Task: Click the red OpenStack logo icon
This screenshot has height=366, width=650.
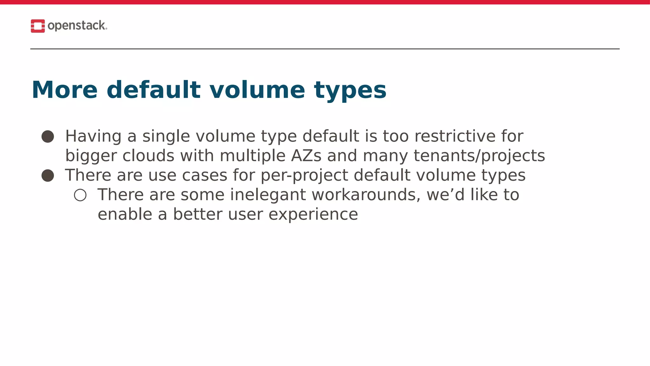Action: click(x=38, y=26)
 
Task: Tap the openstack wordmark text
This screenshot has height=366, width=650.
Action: click(x=77, y=26)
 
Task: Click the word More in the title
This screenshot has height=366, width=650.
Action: click(x=64, y=90)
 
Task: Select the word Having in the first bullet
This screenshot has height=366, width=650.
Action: click(x=93, y=137)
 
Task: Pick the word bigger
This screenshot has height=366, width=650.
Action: click(x=91, y=156)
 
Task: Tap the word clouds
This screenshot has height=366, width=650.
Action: click(x=149, y=156)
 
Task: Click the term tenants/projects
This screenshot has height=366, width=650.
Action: click(x=479, y=156)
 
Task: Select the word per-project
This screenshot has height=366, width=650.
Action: click(x=304, y=175)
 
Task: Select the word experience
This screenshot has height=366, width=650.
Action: click(x=313, y=214)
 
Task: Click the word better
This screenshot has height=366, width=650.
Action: click(x=197, y=214)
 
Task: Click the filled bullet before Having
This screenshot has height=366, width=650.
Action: click(x=48, y=137)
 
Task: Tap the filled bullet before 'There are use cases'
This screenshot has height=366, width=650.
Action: click(x=48, y=175)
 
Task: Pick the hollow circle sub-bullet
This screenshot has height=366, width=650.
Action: click(x=80, y=195)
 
